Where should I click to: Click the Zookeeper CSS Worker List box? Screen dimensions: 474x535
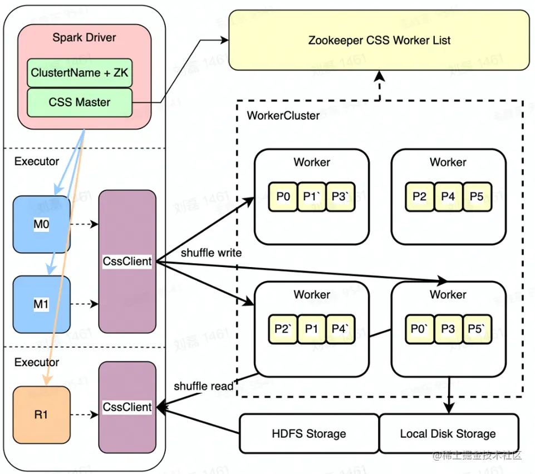pyautogui.click(x=379, y=40)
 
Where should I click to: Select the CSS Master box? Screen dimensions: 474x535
pyautogui.click(x=80, y=102)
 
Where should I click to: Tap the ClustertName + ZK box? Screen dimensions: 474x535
pyautogui.click(x=80, y=73)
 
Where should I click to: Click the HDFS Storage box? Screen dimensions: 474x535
pyautogui.click(x=309, y=433)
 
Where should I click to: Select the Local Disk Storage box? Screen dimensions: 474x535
pyautogui.click(x=448, y=433)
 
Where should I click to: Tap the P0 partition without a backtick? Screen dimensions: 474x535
pyautogui.click(x=283, y=196)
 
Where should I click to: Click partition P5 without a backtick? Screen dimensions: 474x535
pyautogui.click(x=477, y=196)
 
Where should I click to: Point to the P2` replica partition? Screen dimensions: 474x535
pyautogui.click(x=283, y=329)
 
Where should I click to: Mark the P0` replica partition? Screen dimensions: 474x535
pyautogui.click(x=420, y=329)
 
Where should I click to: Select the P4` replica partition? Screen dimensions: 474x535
pyautogui.click(x=340, y=329)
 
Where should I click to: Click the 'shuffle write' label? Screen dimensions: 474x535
pyautogui.click(x=211, y=253)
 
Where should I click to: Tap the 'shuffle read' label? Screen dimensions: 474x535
pyautogui.click(x=203, y=386)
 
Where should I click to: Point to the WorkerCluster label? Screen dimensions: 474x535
pyautogui.click(x=283, y=116)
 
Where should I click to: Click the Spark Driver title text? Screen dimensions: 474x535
pyautogui.click(x=84, y=38)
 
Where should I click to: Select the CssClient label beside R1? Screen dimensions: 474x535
pyautogui.click(x=127, y=407)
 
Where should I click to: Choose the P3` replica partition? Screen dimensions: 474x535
pyautogui.click(x=340, y=196)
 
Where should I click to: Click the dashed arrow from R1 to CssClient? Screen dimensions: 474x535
pyautogui.click(x=85, y=415)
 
